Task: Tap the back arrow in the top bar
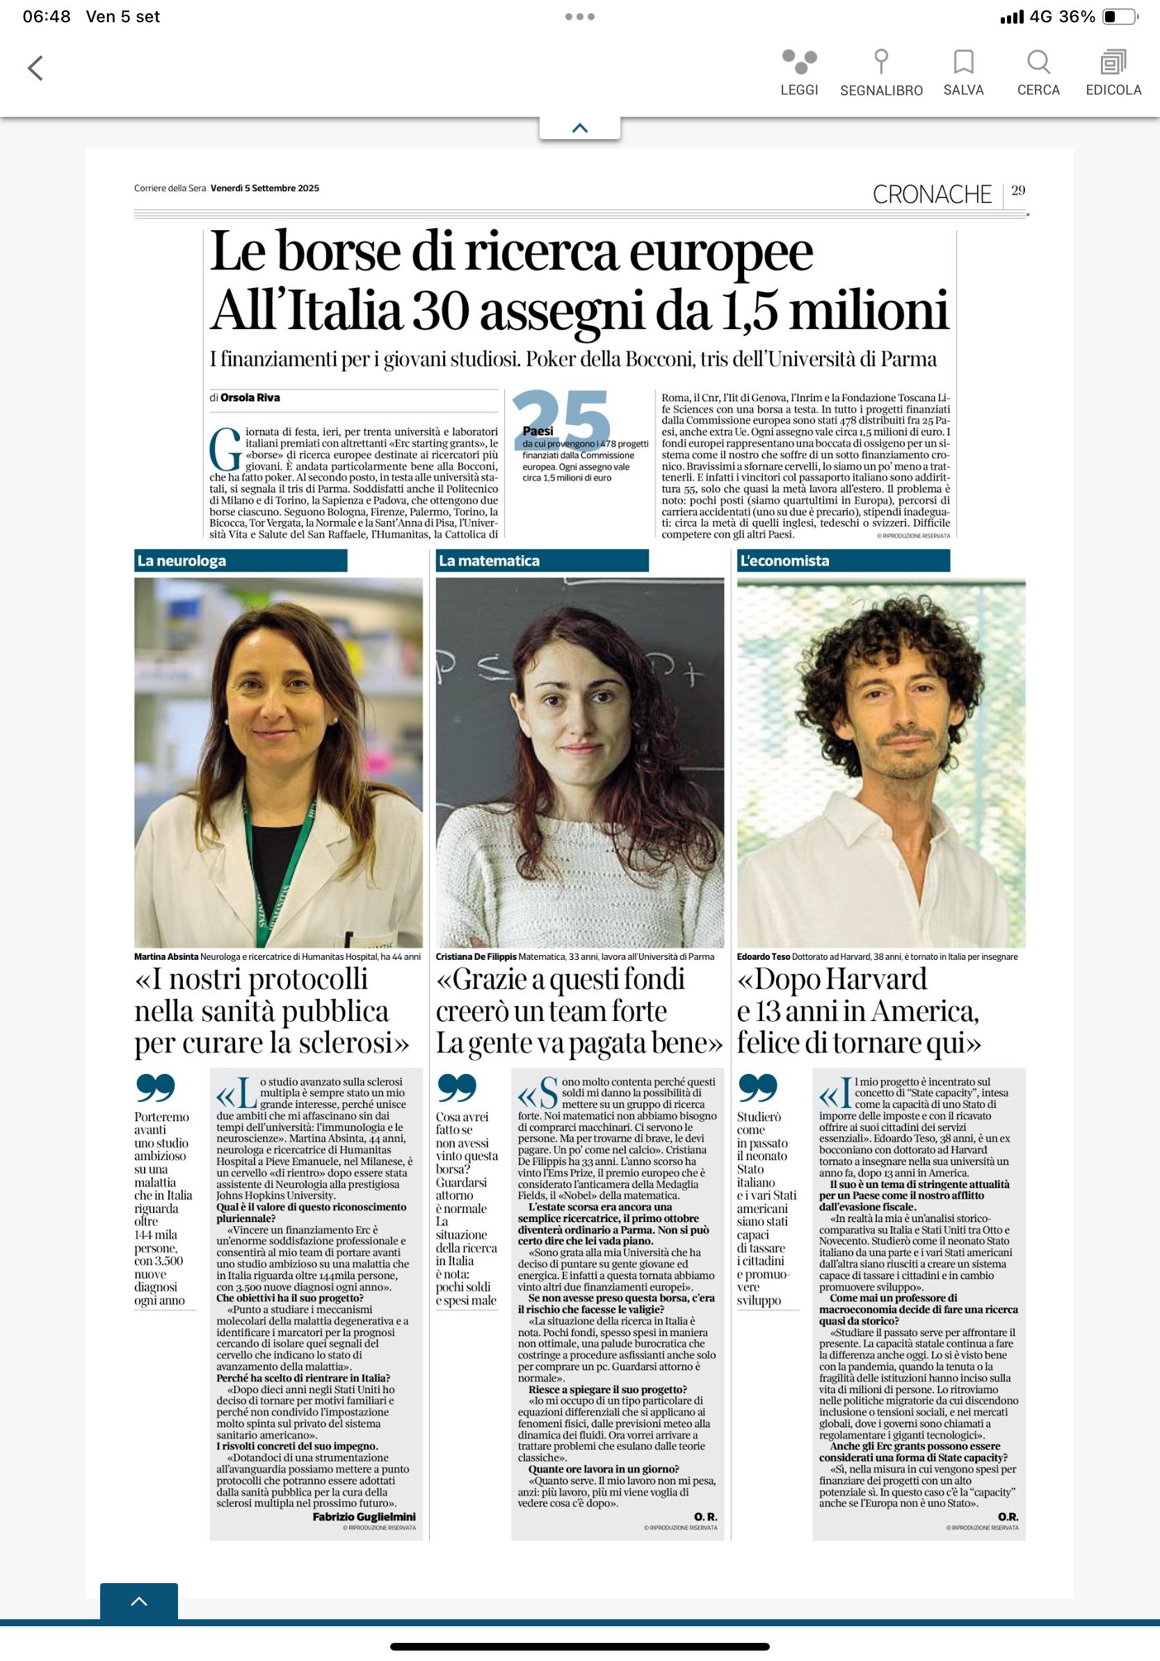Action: pos(35,68)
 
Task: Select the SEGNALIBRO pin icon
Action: pos(881,62)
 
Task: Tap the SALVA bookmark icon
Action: pos(963,62)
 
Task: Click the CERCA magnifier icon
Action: pos(1038,62)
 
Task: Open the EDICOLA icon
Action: pos(1113,62)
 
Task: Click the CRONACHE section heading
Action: pos(931,195)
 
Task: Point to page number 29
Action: pos(1018,191)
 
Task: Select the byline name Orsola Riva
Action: pos(250,397)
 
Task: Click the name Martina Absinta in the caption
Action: pos(166,956)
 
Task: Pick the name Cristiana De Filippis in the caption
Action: pos(476,956)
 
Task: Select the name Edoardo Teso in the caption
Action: pos(763,956)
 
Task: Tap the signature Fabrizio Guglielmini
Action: pos(364,1516)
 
